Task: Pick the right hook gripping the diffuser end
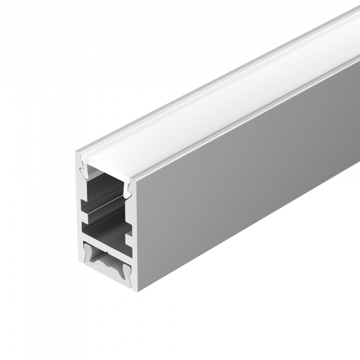coord(128,188)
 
